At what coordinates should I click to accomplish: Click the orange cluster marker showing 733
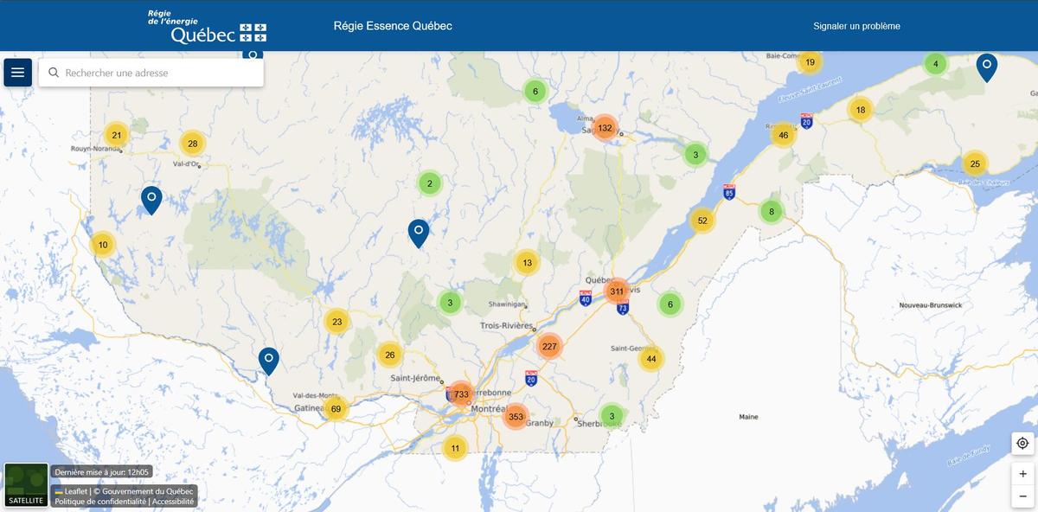(x=461, y=394)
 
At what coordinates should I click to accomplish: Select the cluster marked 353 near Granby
(x=516, y=416)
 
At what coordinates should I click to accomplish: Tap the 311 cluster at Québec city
(x=617, y=291)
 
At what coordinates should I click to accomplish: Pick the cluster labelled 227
(x=548, y=347)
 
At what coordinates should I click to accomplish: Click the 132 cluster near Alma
(x=605, y=128)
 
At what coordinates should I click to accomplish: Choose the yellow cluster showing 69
(x=336, y=408)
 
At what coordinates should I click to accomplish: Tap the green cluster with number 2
(x=429, y=183)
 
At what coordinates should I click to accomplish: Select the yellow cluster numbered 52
(x=702, y=221)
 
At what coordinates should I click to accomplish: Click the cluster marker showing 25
(x=974, y=163)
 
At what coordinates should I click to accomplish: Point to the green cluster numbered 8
(x=771, y=211)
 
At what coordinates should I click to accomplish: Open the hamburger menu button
(x=18, y=73)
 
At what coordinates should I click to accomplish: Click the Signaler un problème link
(x=856, y=26)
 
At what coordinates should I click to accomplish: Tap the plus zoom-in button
(x=1022, y=474)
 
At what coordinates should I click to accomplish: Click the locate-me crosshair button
(x=1022, y=443)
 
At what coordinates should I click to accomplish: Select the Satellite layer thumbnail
(x=26, y=484)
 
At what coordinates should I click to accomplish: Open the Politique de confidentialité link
(x=100, y=502)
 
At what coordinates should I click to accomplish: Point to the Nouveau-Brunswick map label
(x=930, y=305)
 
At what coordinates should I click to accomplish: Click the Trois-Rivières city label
(x=507, y=326)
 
